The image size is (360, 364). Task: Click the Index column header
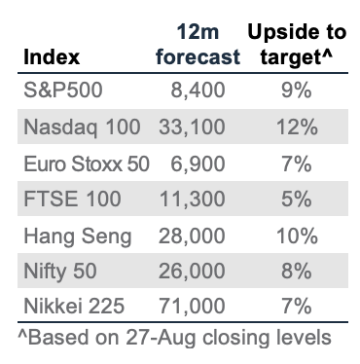pyautogui.click(x=52, y=57)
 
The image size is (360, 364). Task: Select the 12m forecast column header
pyautogui.click(x=198, y=45)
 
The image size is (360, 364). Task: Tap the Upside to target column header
pyautogui.click(x=297, y=45)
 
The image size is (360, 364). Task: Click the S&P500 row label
pyautogui.click(x=63, y=90)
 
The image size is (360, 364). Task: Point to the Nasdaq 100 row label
pyautogui.click(x=82, y=127)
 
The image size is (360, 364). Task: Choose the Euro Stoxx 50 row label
pyautogui.click(x=87, y=164)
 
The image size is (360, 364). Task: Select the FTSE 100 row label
pyautogui.click(x=72, y=199)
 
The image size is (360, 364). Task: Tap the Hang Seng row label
pyautogui.click(x=78, y=237)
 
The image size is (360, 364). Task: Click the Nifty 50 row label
pyautogui.click(x=60, y=272)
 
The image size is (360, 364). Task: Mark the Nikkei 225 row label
pyautogui.click(x=74, y=306)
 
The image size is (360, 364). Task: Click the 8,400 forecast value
pyautogui.click(x=198, y=91)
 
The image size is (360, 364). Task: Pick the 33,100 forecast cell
pyautogui.click(x=192, y=127)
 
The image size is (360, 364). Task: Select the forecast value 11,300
pyautogui.click(x=192, y=200)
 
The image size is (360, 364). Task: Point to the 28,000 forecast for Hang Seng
pyautogui.click(x=192, y=236)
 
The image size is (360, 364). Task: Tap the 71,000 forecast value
pyautogui.click(x=192, y=306)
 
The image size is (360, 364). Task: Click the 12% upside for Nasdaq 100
pyautogui.click(x=297, y=127)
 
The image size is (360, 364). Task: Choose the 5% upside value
pyautogui.click(x=297, y=199)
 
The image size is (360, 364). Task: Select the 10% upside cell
pyautogui.click(x=297, y=236)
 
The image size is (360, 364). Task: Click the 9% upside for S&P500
pyautogui.click(x=297, y=91)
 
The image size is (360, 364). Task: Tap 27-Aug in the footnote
pyautogui.click(x=161, y=338)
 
